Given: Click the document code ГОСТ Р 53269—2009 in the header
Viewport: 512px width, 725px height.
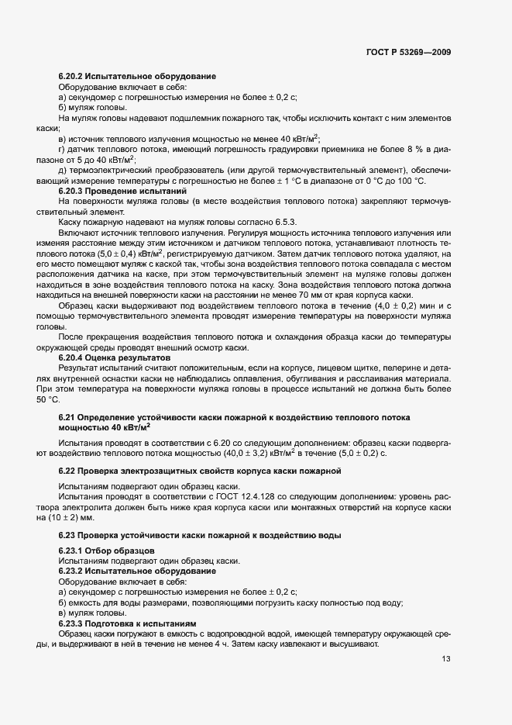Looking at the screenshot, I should pyautogui.click(x=408, y=52).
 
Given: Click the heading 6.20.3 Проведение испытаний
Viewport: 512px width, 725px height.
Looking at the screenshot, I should pyautogui.click(x=123, y=190).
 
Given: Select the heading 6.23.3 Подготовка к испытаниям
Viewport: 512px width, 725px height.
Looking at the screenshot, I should pyautogui.click(x=128, y=623).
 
